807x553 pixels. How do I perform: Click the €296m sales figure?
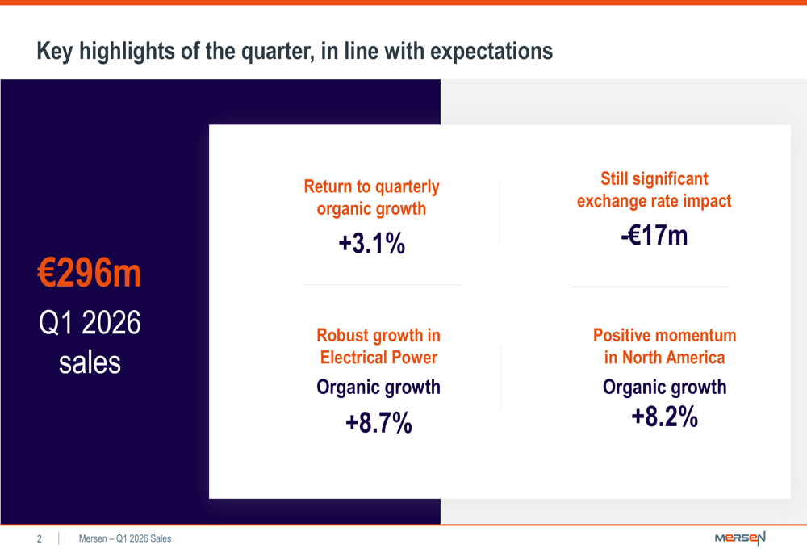pos(90,274)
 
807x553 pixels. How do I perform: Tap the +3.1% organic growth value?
pos(372,242)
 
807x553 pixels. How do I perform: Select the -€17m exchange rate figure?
pos(654,235)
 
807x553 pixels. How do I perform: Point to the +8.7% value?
pos(378,422)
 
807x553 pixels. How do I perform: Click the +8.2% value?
pos(664,417)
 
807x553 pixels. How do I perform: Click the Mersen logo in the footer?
pos(740,538)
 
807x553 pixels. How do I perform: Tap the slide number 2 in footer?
pos(39,538)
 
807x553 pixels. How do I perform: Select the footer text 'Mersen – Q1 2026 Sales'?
pos(125,538)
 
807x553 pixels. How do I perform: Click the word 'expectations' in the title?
pos(491,52)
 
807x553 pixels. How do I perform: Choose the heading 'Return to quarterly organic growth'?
pos(372,198)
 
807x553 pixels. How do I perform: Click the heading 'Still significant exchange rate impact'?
pos(654,190)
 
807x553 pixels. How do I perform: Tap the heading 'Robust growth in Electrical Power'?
pos(378,346)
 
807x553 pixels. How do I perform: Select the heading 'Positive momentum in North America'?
pos(664,346)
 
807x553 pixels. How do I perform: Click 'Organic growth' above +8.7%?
pos(378,388)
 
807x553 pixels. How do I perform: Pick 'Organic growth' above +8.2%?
pos(664,388)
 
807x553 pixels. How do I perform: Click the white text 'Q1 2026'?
pos(90,323)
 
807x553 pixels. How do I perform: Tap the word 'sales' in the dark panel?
pos(90,362)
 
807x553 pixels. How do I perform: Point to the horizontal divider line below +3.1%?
pos(382,285)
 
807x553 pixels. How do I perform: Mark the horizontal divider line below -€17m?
pos(650,287)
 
